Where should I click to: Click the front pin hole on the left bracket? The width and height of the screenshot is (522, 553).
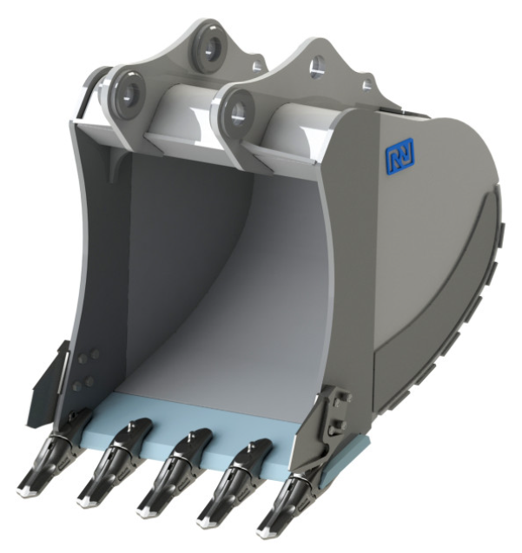[x=129, y=93]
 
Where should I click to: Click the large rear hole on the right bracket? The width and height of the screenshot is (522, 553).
[x=318, y=67]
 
